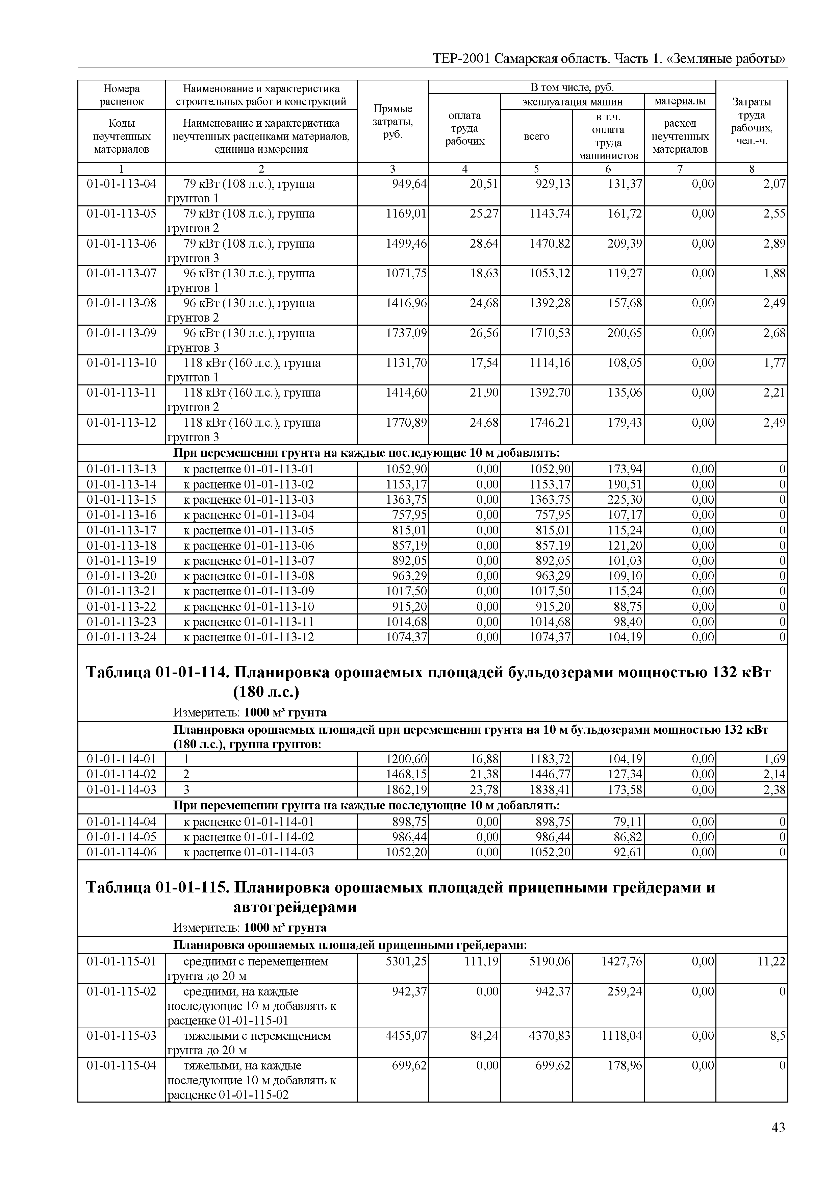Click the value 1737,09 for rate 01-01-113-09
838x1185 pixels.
pos(407,333)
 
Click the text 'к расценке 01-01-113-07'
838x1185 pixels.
pos(249,560)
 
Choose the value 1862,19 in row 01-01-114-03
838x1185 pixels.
pos(407,789)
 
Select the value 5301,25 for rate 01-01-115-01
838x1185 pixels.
pos(407,961)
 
